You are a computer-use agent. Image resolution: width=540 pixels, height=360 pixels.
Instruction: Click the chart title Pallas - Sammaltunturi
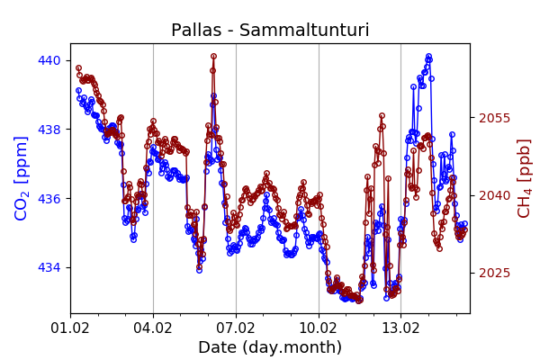(x=270, y=31)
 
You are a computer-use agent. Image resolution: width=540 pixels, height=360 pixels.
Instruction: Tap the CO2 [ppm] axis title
(x=22, y=178)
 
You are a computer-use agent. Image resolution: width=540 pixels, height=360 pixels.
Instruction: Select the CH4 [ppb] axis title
(x=524, y=178)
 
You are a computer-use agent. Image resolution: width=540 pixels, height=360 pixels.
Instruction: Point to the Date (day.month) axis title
(x=270, y=347)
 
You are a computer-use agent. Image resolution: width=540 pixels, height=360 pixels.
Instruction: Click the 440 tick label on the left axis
(x=49, y=60)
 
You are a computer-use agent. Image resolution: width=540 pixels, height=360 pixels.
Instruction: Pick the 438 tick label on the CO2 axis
(x=49, y=130)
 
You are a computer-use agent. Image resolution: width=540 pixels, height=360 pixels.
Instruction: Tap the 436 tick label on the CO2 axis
(x=49, y=198)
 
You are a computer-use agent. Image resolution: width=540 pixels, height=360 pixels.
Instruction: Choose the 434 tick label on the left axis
(x=49, y=267)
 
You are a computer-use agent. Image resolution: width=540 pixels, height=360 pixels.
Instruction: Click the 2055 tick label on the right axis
(x=494, y=118)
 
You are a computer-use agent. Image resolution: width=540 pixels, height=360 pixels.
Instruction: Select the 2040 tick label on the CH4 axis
(x=494, y=195)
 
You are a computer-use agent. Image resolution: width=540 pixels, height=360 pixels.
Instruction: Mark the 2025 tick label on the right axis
(x=494, y=273)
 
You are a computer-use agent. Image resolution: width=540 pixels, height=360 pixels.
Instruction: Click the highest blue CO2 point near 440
(x=428, y=57)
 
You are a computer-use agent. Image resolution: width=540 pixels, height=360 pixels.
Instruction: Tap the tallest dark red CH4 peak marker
(x=213, y=56)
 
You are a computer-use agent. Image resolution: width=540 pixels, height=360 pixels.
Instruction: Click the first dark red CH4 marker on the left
(x=78, y=67)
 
